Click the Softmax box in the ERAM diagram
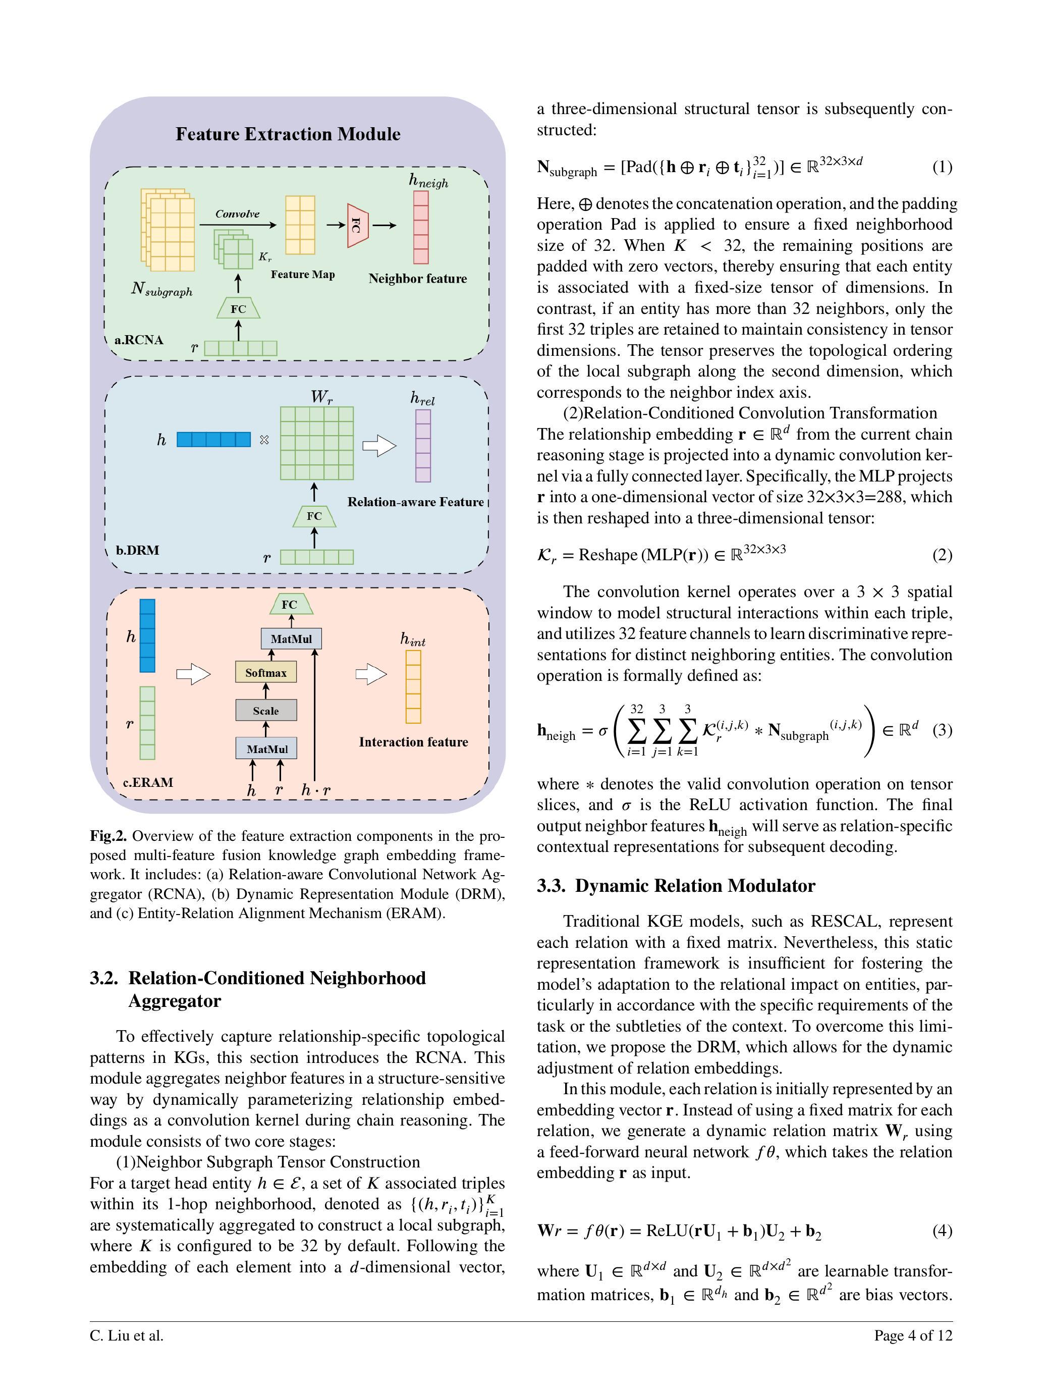(266, 672)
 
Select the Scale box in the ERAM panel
(266, 711)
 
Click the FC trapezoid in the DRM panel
(314, 516)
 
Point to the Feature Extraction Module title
(288, 134)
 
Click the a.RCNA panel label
(139, 340)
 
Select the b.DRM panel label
(138, 550)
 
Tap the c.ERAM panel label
(148, 782)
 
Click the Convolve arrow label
(237, 214)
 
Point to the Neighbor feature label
(417, 279)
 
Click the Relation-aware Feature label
(416, 502)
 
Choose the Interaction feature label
(413, 742)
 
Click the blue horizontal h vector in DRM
(214, 440)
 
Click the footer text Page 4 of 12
(913, 1335)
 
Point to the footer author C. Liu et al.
(126, 1335)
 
